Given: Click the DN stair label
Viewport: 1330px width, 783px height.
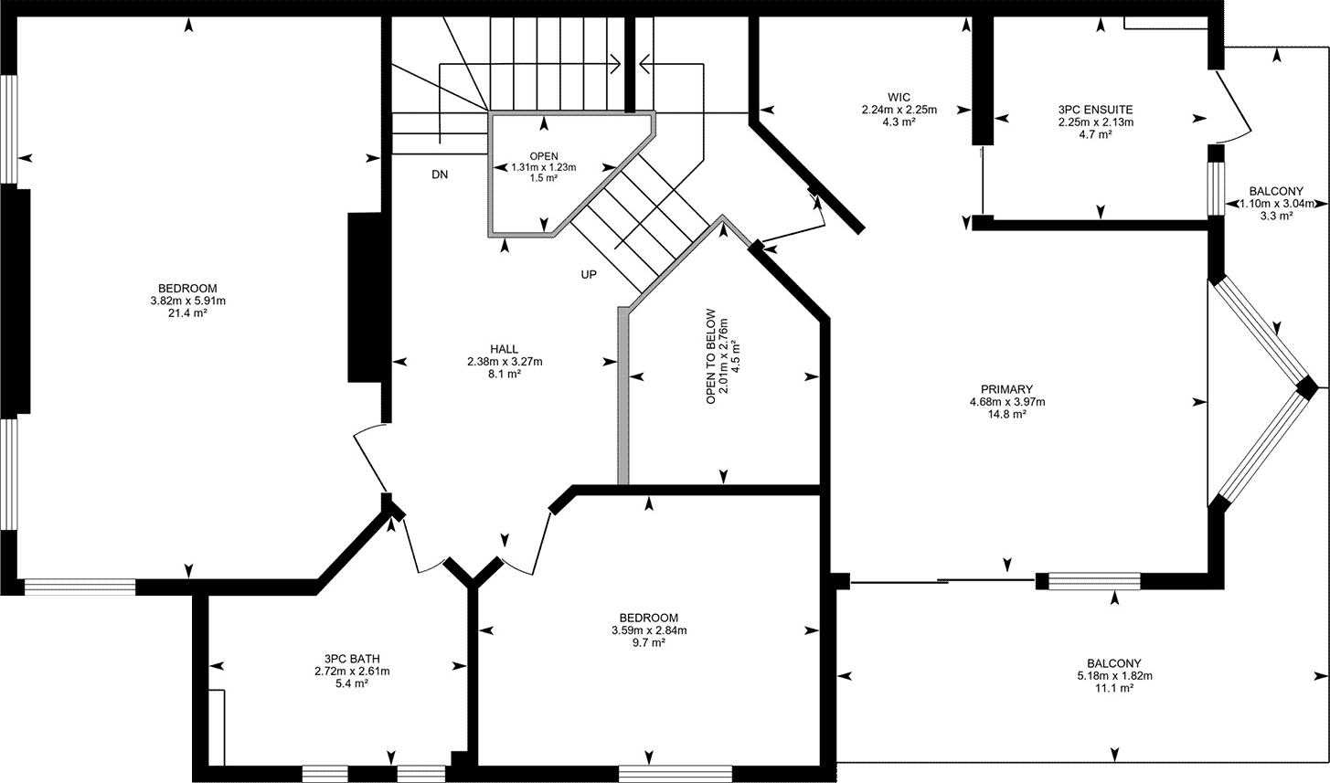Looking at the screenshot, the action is [x=440, y=175].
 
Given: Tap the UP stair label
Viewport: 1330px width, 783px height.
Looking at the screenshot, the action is [x=589, y=275].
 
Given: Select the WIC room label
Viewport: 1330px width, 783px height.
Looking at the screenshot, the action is [x=899, y=98].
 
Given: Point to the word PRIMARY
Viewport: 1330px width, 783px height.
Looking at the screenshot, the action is [x=1007, y=389].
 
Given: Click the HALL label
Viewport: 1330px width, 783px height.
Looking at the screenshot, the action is [x=504, y=349].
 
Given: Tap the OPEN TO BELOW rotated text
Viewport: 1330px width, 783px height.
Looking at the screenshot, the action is [x=711, y=356].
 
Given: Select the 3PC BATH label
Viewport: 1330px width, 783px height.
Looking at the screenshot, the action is [x=352, y=659].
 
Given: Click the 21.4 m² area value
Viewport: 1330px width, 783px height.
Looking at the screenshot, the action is [x=187, y=312].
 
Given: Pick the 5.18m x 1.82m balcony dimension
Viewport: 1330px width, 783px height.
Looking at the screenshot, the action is [x=1114, y=675].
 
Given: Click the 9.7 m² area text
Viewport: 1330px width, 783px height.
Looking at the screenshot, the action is [x=649, y=642].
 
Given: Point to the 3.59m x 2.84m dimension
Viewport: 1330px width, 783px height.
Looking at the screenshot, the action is [x=649, y=630].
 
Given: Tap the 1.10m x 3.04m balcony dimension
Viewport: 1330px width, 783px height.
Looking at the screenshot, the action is [x=1277, y=204].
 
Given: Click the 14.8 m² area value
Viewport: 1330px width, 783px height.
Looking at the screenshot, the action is [x=1007, y=414].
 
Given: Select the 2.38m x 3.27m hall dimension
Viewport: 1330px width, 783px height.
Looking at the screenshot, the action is [x=505, y=362].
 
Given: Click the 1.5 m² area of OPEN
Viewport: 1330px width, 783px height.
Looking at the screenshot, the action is [x=544, y=177].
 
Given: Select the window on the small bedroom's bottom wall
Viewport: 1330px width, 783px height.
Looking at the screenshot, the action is [x=676, y=774].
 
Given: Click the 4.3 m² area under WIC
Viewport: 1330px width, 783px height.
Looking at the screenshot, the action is [x=899, y=122].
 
